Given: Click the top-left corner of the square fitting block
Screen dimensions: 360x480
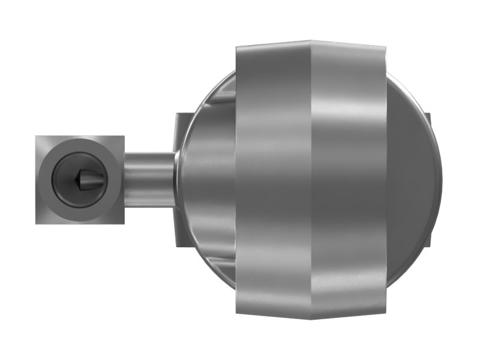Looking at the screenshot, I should click(36, 136).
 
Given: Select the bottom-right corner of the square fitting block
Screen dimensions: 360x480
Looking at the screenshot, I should click(124, 223).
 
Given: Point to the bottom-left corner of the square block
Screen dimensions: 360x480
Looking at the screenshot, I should click(36, 223).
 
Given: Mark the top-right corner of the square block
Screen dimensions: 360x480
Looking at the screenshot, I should click(124, 136).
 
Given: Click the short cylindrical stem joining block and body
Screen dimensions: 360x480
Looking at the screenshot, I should click(149, 178).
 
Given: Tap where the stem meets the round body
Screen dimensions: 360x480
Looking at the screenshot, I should click(175, 178).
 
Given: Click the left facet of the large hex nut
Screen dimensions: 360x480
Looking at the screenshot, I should click(273, 180).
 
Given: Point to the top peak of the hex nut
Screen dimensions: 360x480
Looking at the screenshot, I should click(310, 41).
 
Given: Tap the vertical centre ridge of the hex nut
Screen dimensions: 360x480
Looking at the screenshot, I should click(310, 180).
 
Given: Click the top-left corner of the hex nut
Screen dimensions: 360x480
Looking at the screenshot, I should click(236, 46).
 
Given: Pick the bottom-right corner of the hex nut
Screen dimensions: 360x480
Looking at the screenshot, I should click(383, 313).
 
